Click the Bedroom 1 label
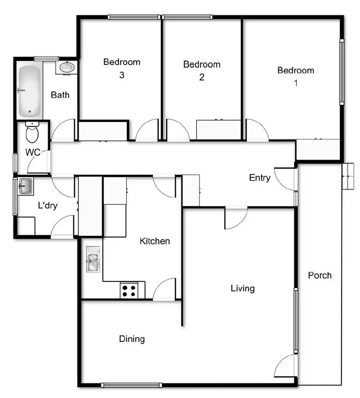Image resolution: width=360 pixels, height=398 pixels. (x=296, y=76)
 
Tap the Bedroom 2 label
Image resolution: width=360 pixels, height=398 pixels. (x=202, y=70)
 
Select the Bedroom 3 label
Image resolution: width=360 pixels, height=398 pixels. (x=122, y=68)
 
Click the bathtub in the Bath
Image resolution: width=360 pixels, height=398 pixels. (x=29, y=92)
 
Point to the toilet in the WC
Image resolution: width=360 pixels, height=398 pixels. (x=32, y=133)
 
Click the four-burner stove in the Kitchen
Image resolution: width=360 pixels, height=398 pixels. (x=129, y=290)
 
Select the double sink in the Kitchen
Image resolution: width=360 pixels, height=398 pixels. (x=93, y=259)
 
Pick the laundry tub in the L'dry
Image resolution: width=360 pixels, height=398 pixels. (x=25, y=186)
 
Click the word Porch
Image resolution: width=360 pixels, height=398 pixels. (x=320, y=275)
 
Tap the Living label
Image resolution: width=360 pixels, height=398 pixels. (x=242, y=288)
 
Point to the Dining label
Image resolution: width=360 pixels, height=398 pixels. (x=132, y=339)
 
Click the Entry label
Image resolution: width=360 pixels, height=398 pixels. (x=260, y=178)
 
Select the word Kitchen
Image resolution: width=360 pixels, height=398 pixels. (x=155, y=241)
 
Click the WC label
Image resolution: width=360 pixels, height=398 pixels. (x=33, y=153)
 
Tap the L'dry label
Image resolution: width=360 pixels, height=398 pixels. (x=48, y=206)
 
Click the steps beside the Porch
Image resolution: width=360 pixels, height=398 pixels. (x=348, y=177)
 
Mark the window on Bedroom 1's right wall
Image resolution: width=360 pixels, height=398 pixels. (x=342, y=72)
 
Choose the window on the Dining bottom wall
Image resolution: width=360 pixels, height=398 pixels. (x=132, y=384)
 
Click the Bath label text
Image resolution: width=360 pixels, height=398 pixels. (x=60, y=95)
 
